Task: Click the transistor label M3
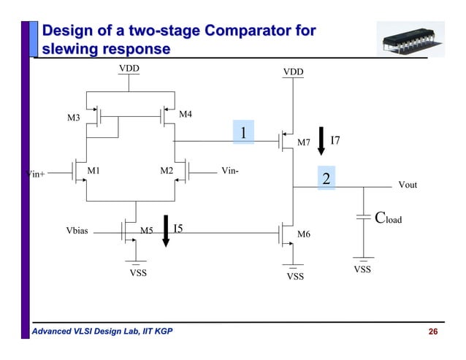[73, 118]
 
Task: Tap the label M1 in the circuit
[93, 171]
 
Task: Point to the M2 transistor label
[167, 171]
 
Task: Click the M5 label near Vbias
[146, 231]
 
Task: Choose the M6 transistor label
[304, 234]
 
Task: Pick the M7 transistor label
[304, 142]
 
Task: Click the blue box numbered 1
[242, 131]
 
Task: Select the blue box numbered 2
[326, 179]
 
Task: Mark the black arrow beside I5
[166, 231]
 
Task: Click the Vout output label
[408, 185]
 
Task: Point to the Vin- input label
[230, 171]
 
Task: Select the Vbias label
[77, 230]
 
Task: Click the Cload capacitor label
[388, 218]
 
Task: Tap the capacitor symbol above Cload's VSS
[363, 216]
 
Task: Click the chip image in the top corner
[410, 41]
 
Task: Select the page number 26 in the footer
[432, 333]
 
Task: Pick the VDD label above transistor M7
[293, 72]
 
